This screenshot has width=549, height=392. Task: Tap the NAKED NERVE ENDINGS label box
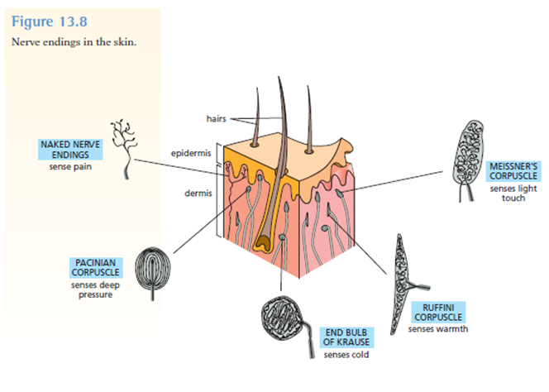[70, 149]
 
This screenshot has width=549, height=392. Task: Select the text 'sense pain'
[69, 165]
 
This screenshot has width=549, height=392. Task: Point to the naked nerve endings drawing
[127, 146]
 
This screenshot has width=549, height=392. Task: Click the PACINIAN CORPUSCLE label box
[98, 268]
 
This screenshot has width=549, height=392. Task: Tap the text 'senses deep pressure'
[97, 290]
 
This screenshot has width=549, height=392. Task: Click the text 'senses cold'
[346, 356]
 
